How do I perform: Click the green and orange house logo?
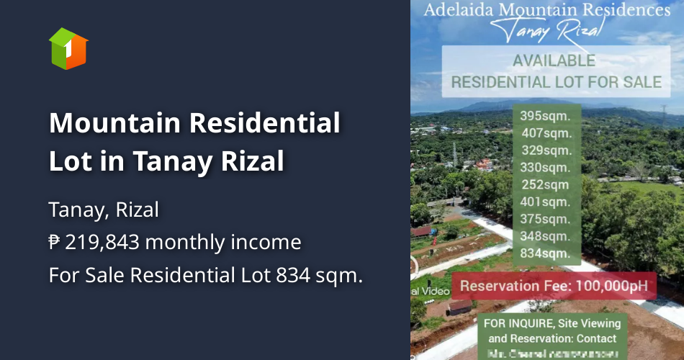(68, 49)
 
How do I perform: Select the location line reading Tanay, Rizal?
(104, 210)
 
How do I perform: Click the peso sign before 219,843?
(55, 243)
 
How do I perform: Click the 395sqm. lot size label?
(545, 115)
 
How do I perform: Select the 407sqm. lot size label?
(546, 132)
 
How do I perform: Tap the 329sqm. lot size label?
(546, 150)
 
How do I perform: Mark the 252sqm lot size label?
(546, 184)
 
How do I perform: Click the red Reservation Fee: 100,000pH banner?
(554, 286)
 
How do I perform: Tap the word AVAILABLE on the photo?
(554, 60)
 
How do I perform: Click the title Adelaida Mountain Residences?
(546, 10)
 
